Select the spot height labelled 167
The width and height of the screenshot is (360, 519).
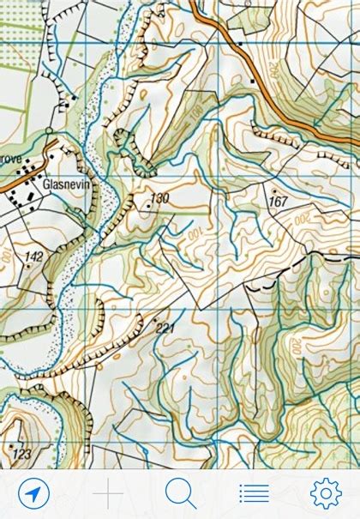click(277, 202)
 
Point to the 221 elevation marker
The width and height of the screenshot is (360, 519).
click(165, 328)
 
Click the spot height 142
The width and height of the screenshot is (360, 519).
click(33, 256)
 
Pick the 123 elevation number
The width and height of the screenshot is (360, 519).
click(21, 452)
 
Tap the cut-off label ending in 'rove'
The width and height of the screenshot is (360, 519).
click(10, 160)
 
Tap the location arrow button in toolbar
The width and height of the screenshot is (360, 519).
click(33, 492)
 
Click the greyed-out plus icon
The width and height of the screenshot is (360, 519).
click(108, 492)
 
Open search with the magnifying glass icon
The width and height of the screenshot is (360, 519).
click(180, 492)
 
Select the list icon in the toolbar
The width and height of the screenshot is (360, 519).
click(254, 492)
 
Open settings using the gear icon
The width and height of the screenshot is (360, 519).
click(326, 492)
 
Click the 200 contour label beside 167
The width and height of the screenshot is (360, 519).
click(303, 219)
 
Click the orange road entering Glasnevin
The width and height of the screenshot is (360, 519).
click(17, 178)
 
